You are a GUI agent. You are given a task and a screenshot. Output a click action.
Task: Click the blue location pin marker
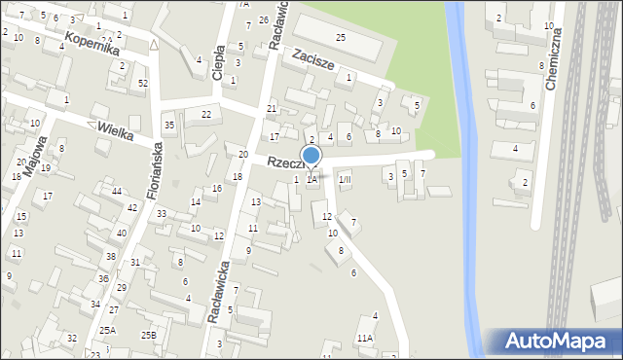tap(311, 156)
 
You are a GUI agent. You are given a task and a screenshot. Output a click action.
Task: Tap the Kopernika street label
tap(92, 43)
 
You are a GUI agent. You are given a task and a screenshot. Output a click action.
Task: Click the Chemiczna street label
tap(556, 59)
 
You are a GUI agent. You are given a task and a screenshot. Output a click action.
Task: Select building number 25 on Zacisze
tap(341, 37)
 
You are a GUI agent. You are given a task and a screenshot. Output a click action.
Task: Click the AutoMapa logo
tap(554, 342)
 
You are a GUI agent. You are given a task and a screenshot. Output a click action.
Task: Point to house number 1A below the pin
tap(311, 179)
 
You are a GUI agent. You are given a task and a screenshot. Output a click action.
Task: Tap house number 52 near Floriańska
tap(142, 83)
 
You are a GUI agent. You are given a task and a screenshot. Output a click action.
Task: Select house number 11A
tap(364, 338)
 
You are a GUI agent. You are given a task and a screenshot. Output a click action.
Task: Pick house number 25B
tap(148, 335)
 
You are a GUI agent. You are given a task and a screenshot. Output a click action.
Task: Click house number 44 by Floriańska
tap(117, 191)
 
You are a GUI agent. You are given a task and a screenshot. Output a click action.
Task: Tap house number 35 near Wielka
tap(169, 125)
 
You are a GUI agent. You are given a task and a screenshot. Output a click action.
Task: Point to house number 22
tap(205, 115)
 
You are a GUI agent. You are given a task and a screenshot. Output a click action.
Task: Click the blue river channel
tap(465, 146)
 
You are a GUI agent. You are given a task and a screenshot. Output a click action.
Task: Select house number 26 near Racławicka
tap(263, 20)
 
